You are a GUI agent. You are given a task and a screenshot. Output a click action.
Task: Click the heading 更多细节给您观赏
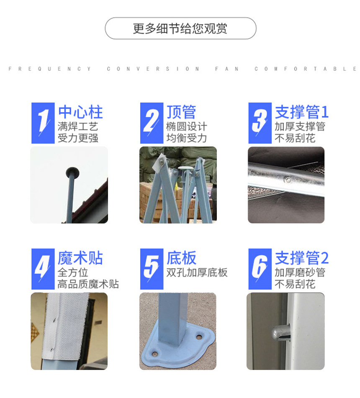[x=180, y=28]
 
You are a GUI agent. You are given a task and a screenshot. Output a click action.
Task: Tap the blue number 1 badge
[x=43, y=123]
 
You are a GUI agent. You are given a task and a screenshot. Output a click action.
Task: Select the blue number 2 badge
[x=152, y=123]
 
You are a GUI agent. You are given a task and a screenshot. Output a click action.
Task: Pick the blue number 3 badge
[x=260, y=123]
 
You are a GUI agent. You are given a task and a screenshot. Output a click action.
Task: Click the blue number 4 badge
[x=43, y=269]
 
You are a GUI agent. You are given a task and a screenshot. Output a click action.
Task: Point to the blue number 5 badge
[x=152, y=269]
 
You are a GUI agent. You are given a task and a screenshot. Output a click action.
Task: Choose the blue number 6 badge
[x=260, y=269]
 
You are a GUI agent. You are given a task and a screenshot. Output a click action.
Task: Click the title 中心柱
[x=80, y=112]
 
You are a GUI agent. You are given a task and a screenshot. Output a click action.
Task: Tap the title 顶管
[x=181, y=112]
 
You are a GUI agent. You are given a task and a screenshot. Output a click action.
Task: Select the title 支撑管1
[x=302, y=112]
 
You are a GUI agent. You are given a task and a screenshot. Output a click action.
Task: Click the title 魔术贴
[x=80, y=258]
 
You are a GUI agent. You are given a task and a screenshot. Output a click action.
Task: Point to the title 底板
[x=181, y=258]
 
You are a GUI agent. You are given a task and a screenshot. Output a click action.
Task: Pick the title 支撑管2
[x=302, y=258]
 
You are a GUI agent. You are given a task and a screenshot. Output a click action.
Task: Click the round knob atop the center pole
[x=72, y=172]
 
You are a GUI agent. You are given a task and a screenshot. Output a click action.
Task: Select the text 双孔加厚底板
[x=197, y=272]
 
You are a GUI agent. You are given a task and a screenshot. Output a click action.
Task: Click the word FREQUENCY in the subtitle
[x=50, y=69]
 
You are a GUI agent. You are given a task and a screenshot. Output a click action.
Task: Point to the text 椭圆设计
[x=187, y=127]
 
